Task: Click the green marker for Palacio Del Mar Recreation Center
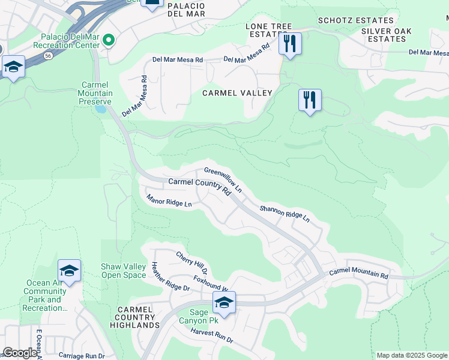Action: click(x=109, y=40)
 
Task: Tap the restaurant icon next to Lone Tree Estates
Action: click(x=290, y=44)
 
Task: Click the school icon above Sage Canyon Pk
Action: click(x=224, y=303)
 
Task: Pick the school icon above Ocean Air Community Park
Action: click(x=69, y=271)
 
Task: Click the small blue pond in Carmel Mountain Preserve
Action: click(x=101, y=109)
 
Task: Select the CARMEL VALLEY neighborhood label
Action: click(x=237, y=93)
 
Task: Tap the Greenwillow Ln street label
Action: click(x=223, y=179)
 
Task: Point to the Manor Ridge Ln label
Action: click(x=169, y=200)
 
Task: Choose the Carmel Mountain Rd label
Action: click(x=359, y=274)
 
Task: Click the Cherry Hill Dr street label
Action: click(x=191, y=263)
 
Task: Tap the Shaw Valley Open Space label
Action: click(x=123, y=271)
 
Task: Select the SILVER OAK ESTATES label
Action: click(x=387, y=35)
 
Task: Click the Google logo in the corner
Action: click(x=20, y=353)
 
